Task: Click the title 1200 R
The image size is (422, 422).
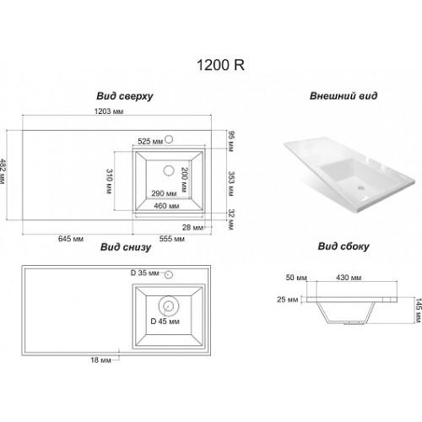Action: click(x=220, y=65)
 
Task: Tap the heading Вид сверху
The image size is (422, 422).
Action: click(x=125, y=96)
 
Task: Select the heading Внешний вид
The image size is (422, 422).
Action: click(x=344, y=95)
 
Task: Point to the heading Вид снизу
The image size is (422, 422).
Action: click(x=126, y=247)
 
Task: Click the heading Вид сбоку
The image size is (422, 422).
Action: click(x=344, y=246)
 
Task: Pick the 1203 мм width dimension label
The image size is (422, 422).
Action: click(x=109, y=111)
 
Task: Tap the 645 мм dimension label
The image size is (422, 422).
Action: click(x=71, y=239)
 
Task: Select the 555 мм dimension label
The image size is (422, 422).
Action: click(x=172, y=239)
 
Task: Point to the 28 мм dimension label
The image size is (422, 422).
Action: click(x=192, y=227)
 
